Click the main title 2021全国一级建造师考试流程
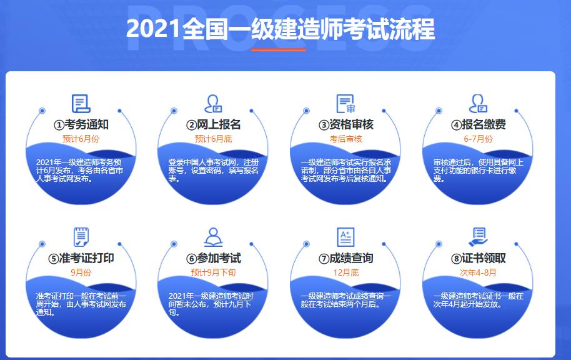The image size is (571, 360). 281,29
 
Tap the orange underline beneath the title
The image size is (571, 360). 279,49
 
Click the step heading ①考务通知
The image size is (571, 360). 81,124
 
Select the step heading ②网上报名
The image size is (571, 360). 214,124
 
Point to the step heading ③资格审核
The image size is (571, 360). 346,124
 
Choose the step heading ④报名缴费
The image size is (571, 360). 479,124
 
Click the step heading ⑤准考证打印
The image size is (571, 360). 81,258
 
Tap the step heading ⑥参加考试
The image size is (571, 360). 214,258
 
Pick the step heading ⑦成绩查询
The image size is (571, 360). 346,258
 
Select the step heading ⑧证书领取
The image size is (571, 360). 479,258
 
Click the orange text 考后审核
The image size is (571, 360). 346,139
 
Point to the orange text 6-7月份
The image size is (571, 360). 478,139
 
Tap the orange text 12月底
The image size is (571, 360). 346,272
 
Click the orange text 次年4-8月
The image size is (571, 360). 478,272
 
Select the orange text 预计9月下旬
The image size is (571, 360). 214,272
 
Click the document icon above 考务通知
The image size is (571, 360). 81,103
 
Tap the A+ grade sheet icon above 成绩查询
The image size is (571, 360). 345,237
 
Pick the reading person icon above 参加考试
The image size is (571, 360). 213,237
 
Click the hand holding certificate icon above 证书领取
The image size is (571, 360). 478,237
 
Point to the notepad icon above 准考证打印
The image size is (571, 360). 81,237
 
